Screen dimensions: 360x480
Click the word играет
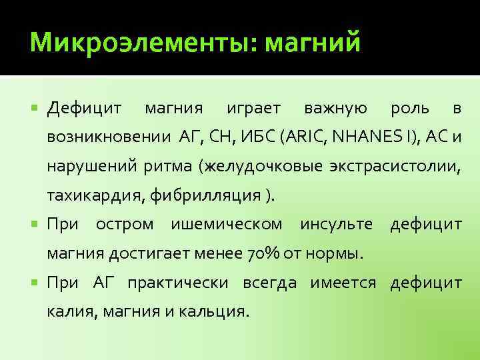click(x=253, y=108)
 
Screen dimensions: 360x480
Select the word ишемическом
click(x=227, y=225)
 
